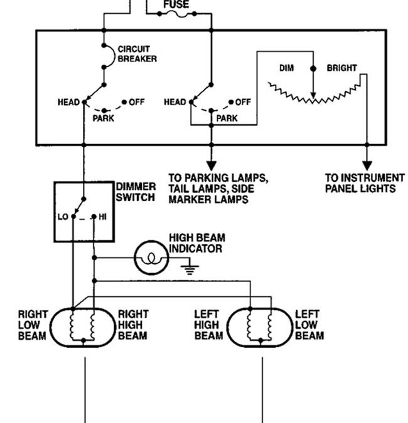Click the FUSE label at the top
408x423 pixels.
176,4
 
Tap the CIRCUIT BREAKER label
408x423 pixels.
137,54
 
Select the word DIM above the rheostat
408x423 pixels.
287,68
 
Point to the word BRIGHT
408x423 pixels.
341,68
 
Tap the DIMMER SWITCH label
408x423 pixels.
135,192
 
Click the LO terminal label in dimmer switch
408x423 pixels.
63,216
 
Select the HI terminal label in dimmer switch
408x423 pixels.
103,216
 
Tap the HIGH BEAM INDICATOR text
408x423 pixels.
196,243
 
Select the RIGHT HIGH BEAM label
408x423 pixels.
133,325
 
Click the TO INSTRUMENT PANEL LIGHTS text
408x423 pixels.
365,183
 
